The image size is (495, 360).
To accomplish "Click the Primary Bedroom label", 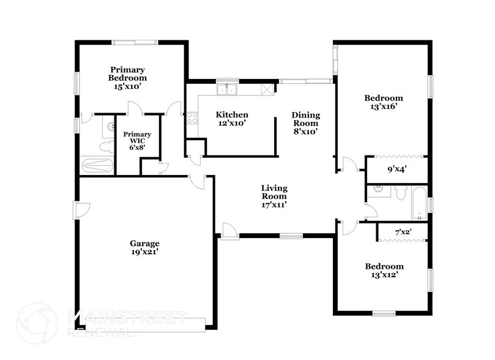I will pos(128,78).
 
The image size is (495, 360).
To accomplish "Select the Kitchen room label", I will pos(232,119).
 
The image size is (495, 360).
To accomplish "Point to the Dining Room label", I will pos(305,122).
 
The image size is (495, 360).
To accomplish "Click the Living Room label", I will pos(274,197).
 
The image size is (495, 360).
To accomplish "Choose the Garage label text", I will pos(144,247).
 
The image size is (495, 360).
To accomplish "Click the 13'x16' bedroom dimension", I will pos(384,106).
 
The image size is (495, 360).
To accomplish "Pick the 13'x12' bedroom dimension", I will pos(384,275).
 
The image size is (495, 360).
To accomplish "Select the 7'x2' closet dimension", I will pos(403,232).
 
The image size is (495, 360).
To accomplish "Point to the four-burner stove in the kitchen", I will pos(192,117).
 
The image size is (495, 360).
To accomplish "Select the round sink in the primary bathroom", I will pos(111,127).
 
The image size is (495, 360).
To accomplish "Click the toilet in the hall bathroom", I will pos(400,194).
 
